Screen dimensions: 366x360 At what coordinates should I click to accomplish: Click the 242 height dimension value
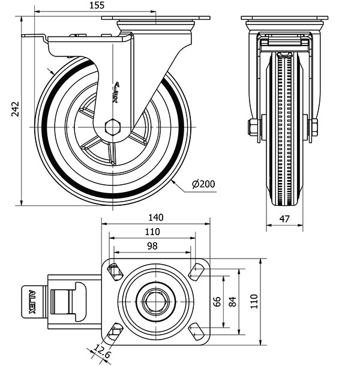tap(17, 108)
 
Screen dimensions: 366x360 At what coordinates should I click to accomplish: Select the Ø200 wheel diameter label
tap(204, 185)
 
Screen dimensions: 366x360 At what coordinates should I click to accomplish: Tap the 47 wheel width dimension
tap(284, 220)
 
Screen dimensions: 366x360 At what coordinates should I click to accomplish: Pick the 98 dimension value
tap(152, 246)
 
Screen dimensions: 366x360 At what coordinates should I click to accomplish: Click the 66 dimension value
tap(218, 301)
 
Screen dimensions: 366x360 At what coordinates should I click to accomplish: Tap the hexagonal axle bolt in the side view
tap(112, 127)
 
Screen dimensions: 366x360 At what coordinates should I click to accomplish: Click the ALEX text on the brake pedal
tap(31, 302)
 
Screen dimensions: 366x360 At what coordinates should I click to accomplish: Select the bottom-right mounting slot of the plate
tap(196, 330)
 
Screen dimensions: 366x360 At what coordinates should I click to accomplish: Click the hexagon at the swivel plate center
tap(155, 301)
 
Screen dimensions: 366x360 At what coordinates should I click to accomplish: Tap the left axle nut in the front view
tap(253, 127)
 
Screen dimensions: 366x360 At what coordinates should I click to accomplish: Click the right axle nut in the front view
tap(314, 127)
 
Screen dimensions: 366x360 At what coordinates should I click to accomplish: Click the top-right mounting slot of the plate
tap(196, 271)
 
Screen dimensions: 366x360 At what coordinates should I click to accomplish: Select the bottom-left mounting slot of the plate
tap(115, 330)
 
